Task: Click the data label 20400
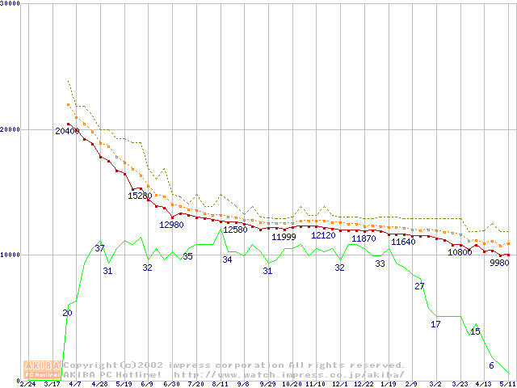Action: click(x=67, y=131)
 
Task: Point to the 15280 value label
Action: click(x=140, y=196)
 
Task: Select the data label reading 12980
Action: click(x=171, y=225)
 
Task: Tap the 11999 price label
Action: click(x=284, y=237)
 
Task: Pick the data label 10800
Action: click(x=460, y=252)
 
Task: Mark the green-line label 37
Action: click(x=100, y=248)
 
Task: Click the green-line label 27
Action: click(x=419, y=286)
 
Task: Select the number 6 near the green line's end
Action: click(x=491, y=365)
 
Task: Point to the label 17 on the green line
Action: click(x=435, y=324)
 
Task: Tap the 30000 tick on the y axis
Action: click(x=11, y=4)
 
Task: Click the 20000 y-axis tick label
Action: click(x=11, y=129)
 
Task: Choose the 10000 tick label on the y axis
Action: click(x=11, y=255)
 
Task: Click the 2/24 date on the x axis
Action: click(x=27, y=384)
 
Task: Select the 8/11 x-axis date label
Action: click(x=220, y=384)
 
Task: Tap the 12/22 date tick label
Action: click(x=364, y=384)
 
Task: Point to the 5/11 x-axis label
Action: click(x=507, y=384)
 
